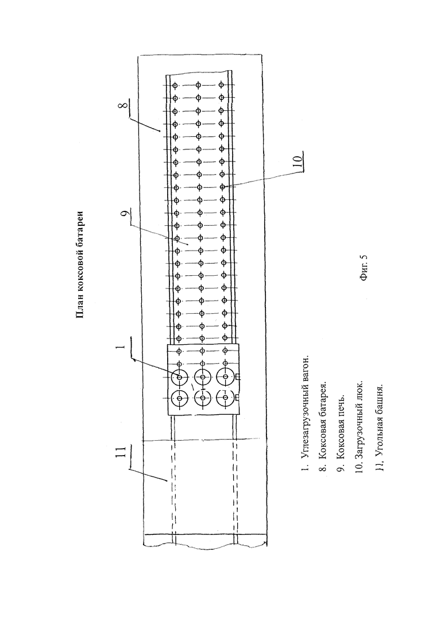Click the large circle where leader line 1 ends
click(x=179, y=377)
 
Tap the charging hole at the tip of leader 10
click(x=222, y=187)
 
